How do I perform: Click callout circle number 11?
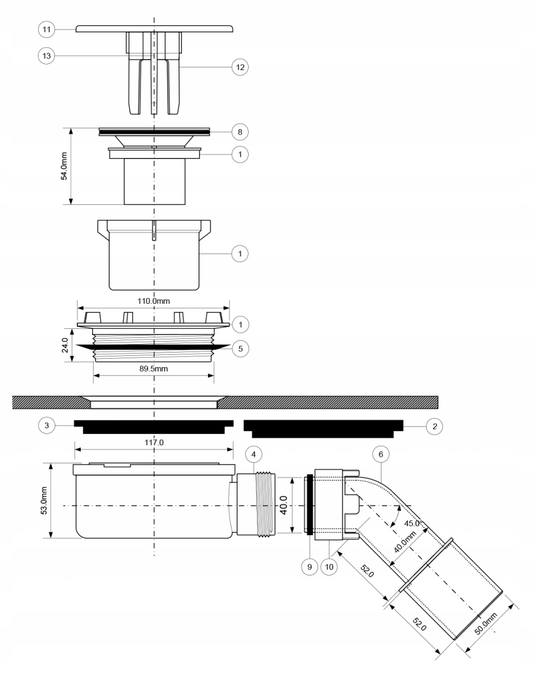(x=46, y=29)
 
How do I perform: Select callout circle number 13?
(x=46, y=56)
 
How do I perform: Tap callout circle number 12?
(x=240, y=67)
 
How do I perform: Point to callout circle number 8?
(x=240, y=132)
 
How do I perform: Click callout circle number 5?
(x=241, y=349)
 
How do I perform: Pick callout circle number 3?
(x=47, y=426)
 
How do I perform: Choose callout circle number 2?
(x=435, y=426)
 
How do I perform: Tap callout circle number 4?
(x=254, y=454)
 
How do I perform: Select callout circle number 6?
(x=381, y=454)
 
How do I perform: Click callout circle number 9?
(x=310, y=567)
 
